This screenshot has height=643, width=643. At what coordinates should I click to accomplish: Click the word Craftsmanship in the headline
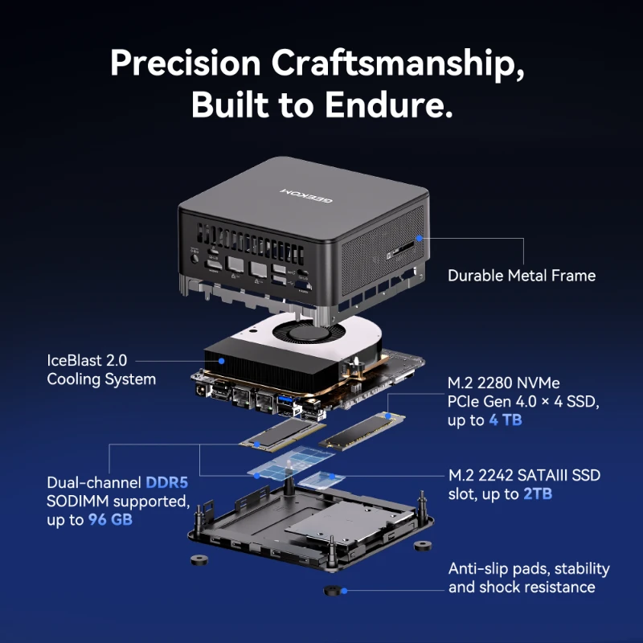click(x=398, y=63)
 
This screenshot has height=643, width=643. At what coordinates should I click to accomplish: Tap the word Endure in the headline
click(x=388, y=104)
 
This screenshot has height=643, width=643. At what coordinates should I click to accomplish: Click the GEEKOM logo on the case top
click(x=306, y=195)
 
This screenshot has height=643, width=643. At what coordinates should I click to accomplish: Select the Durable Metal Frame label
click(x=522, y=276)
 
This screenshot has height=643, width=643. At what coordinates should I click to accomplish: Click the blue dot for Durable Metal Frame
click(x=419, y=238)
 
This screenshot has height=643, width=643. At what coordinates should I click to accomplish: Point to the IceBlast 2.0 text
click(x=87, y=360)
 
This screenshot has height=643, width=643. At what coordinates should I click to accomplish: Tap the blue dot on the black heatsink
click(x=222, y=361)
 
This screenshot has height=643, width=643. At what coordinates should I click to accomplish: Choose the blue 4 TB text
click(x=506, y=420)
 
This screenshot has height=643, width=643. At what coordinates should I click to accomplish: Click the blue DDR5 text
click(x=167, y=482)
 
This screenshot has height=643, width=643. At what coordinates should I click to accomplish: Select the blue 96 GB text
click(x=110, y=519)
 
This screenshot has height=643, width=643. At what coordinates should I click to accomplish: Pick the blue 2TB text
click(x=538, y=494)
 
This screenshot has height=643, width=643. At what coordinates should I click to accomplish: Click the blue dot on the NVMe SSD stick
click(x=388, y=416)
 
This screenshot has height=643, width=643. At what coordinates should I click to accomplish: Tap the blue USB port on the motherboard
click(x=284, y=399)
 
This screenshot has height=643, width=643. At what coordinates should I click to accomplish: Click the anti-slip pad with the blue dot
click(x=333, y=591)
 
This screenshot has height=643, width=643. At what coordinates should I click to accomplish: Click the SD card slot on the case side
click(x=400, y=250)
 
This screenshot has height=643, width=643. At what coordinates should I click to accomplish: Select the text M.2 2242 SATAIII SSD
click(x=525, y=475)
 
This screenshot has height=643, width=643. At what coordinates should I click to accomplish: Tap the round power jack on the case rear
click(x=195, y=259)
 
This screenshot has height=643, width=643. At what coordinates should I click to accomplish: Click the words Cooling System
click(x=101, y=379)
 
